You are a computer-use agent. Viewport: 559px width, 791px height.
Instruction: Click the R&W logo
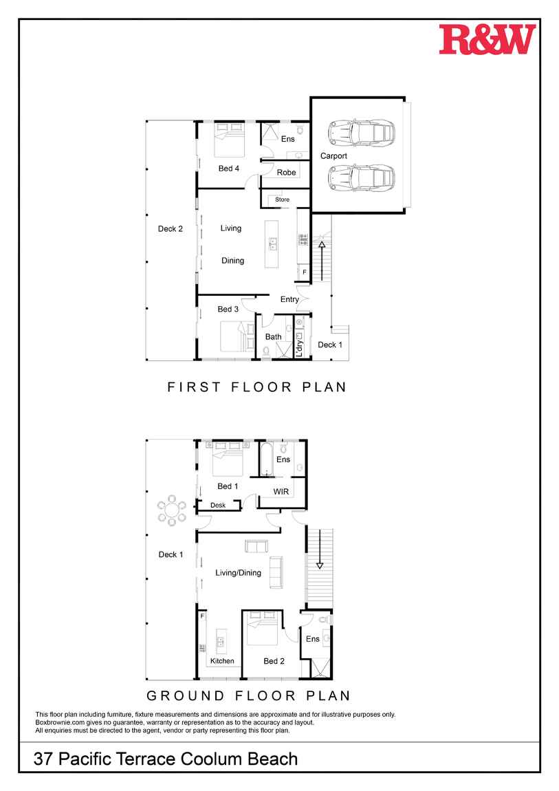(x=486, y=39)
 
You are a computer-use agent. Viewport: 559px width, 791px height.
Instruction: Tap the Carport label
(x=333, y=156)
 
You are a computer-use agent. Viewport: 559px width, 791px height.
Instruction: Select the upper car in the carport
(x=361, y=133)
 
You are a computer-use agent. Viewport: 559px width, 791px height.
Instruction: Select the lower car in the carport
(x=361, y=177)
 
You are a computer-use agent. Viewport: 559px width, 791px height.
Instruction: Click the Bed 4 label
(x=229, y=169)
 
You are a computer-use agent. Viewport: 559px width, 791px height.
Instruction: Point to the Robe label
(x=286, y=173)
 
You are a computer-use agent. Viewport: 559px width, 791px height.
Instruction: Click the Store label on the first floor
(x=283, y=199)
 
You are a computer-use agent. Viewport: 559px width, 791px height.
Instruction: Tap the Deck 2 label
(x=171, y=228)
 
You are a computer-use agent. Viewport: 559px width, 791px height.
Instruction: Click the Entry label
(x=290, y=299)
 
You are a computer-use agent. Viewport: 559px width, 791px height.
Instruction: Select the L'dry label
(x=299, y=347)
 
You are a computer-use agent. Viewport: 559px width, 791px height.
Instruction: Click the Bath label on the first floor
(x=273, y=336)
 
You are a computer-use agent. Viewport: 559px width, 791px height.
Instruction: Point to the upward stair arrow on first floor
(x=322, y=261)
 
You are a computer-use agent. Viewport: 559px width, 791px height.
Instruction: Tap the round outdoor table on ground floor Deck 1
(x=172, y=510)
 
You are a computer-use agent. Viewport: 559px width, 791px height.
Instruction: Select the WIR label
(x=281, y=492)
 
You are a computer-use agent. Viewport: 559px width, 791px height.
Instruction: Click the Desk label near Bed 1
(x=218, y=505)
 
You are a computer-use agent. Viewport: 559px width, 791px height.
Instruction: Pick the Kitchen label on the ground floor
(x=222, y=661)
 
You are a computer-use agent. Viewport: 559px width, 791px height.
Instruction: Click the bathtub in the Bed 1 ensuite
(x=267, y=459)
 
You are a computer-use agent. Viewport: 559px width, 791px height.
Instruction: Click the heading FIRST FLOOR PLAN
(x=257, y=387)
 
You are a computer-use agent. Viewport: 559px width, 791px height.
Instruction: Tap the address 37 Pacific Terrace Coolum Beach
(x=165, y=759)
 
